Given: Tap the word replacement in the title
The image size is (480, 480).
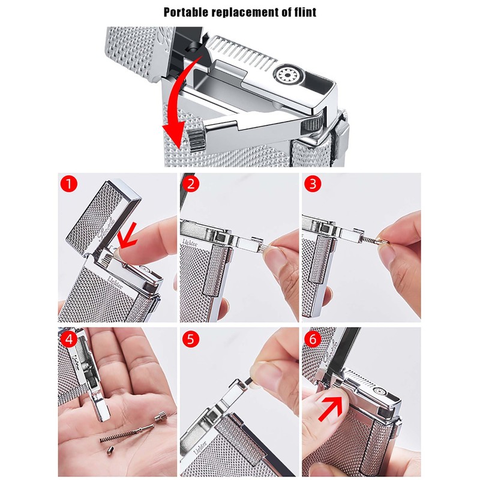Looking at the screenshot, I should pos(247,11).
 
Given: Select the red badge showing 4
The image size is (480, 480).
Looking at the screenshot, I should pos(70,339).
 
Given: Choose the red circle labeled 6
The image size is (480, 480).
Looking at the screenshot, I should pos(313,339).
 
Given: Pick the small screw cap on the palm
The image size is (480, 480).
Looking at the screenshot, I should pos(160,413).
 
